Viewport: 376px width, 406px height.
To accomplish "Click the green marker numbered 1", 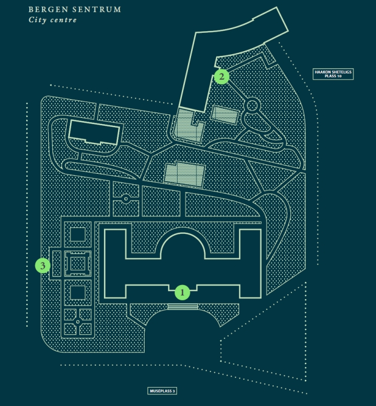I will [182, 293].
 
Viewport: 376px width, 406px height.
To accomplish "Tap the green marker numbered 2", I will [222, 77].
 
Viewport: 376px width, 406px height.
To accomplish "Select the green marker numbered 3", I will [43, 266].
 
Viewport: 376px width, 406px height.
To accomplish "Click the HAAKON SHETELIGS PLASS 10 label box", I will [333, 74].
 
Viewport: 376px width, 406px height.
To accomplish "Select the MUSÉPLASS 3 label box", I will [162, 390].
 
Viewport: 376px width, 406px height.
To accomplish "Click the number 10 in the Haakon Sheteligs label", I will [342, 76].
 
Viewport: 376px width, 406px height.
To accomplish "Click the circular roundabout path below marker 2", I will [252, 106].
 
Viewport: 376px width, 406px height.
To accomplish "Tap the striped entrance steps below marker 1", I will [182, 306].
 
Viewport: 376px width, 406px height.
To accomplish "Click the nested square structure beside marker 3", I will [77, 264].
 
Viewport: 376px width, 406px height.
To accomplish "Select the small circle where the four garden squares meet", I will [77, 321].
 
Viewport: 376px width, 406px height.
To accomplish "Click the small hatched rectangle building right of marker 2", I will [225, 114].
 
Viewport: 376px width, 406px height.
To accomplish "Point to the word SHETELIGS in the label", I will [340, 72].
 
